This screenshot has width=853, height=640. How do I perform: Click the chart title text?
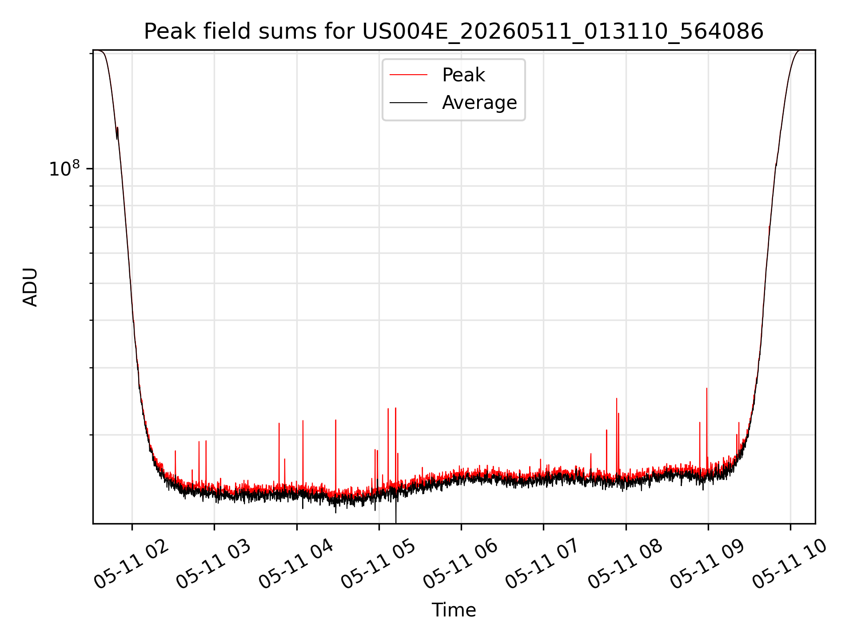tap(454, 32)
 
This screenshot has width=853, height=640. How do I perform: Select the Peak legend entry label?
tap(463, 75)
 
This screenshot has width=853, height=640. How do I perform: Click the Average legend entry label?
tap(479, 103)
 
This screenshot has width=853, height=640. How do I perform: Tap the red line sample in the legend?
tap(408, 75)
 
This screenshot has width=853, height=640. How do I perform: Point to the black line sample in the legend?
tap(408, 103)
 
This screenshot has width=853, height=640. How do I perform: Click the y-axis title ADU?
tap(30, 287)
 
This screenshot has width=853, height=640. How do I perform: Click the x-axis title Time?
tap(454, 610)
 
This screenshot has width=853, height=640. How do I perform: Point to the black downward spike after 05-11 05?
tap(395, 507)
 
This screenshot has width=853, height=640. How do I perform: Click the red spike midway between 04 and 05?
tap(335, 456)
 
